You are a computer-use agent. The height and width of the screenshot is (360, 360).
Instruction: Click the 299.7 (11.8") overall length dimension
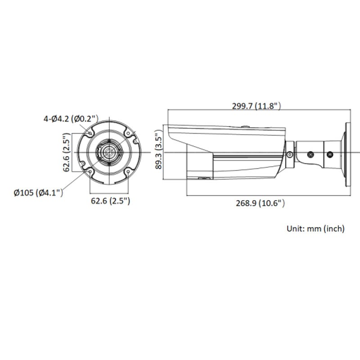(256, 106)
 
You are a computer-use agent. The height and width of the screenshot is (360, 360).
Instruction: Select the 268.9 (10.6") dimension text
(261, 203)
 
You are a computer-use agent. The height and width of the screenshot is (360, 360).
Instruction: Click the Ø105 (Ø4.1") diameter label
(38, 193)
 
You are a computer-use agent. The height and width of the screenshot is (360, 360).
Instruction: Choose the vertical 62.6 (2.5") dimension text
(67, 153)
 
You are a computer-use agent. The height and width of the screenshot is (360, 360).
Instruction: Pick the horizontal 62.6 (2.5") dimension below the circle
(110, 201)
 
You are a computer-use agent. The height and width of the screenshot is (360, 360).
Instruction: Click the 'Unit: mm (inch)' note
(315, 229)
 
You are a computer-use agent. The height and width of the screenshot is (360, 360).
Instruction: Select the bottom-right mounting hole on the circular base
(128, 171)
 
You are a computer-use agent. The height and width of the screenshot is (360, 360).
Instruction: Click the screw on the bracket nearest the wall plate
(330, 154)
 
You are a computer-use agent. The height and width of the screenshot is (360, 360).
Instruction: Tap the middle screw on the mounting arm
(310, 154)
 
